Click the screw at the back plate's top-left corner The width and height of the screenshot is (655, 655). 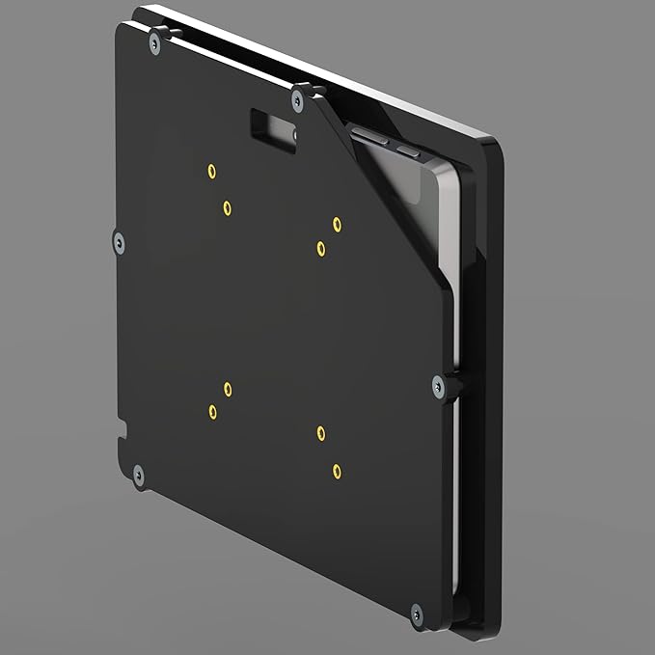(x=154, y=42)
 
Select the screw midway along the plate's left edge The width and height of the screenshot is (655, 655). (x=119, y=242)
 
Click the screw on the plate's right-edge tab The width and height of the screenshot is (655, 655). (x=440, y=386)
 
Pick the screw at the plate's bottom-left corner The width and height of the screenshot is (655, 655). (x=138, y=474)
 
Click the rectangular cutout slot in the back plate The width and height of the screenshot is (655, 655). (x=274, y=130)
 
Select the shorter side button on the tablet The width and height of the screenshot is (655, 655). (x=409, y=151)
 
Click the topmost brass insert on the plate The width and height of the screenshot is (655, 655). (x=211, y=172)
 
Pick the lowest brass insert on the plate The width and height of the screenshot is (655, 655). (x=337, y=471)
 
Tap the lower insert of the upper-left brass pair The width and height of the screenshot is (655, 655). (x=227, y=207)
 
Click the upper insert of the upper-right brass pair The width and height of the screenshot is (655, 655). (x=337, y=224)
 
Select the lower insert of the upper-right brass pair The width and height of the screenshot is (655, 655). (x=320, y=249)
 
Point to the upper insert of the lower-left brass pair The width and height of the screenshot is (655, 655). (x=228, y=389)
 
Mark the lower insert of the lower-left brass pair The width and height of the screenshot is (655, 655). (x=212, y=412)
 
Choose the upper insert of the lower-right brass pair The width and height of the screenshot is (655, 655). (x=321, y=433)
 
